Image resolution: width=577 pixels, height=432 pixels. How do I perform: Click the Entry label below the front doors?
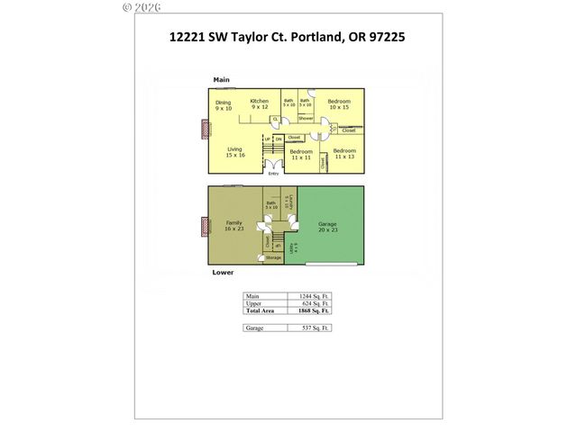[273, 174]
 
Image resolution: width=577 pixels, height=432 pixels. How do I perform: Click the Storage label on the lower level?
[272, 258]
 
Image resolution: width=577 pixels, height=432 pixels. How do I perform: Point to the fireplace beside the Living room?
[204, 129]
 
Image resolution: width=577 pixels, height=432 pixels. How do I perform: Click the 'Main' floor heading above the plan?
[222, 80]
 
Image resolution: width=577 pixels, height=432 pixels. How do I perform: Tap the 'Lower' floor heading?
[224, 271]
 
